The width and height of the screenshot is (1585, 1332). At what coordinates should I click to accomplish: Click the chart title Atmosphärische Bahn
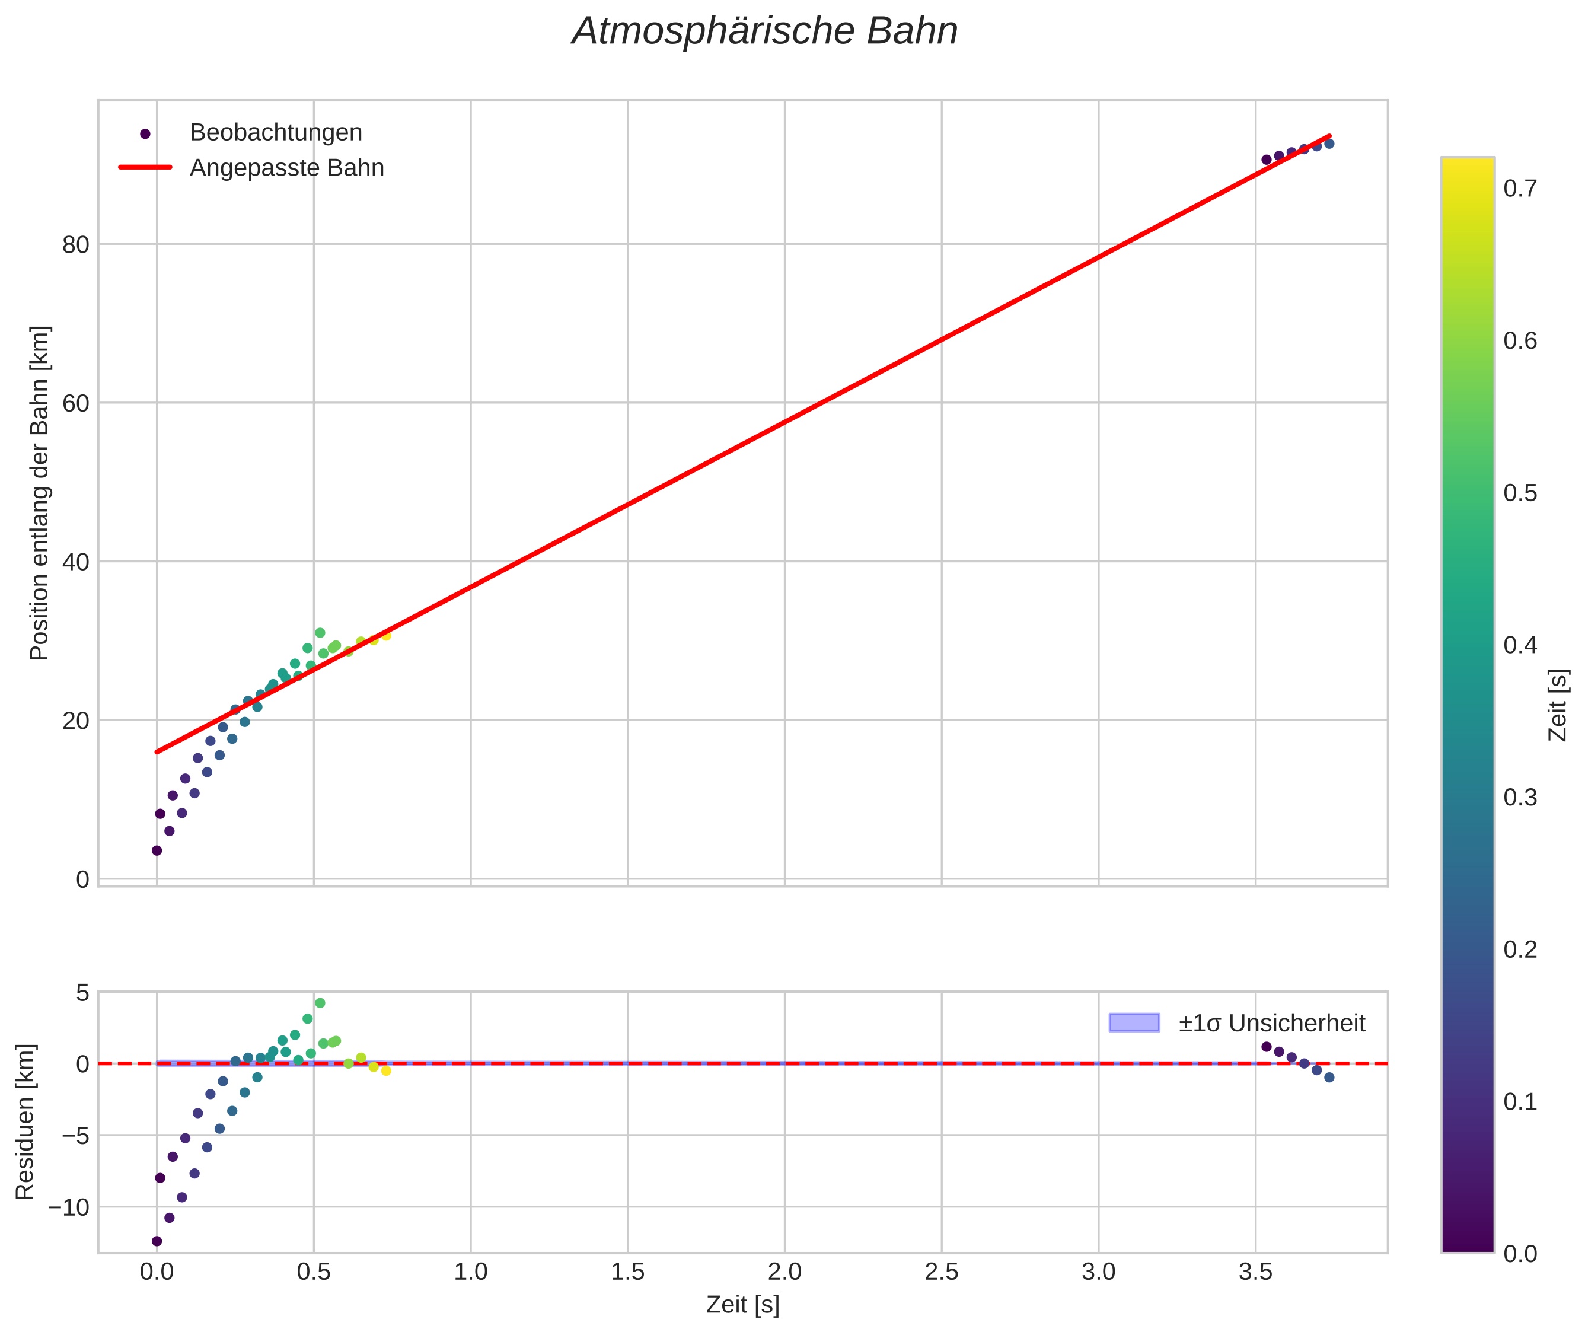click(x=764, y=31)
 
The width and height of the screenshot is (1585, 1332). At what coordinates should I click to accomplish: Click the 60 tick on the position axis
click(x=75, y=403)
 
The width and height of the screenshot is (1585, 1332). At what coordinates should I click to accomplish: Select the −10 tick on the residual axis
click(x=69, y=1207)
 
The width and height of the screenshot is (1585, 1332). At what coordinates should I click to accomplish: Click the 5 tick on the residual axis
click(x=82, y=992)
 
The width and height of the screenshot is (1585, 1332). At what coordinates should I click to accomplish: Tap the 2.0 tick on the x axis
click(x=784, y=1272)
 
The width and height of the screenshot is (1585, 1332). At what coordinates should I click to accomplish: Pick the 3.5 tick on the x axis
click(x=1255, y=1272)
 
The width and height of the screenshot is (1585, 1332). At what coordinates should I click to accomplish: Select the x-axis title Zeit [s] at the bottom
click(x=742, y=1305)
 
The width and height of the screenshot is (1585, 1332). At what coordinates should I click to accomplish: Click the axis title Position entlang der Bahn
click(x=39, y=493)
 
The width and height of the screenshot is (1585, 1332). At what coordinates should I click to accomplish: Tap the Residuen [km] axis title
click(x=25, y=1121)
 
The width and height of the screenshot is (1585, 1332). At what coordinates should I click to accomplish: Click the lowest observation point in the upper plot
click(x=157, y=850)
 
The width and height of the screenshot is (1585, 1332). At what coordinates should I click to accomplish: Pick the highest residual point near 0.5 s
click(x=320, y=1003)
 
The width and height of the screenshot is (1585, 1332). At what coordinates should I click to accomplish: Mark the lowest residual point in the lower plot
click(x=157, y=1241)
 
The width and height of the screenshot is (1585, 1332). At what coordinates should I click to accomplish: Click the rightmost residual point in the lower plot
click(x=1329, y=1078)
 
